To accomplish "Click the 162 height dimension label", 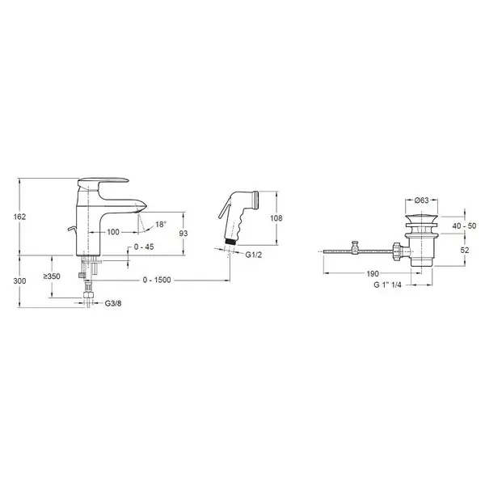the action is [x=19, y=217].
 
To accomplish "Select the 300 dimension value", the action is [x=19, y=281].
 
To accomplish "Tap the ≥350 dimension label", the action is [x=52, y=276].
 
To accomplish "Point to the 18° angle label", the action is [x=161, y=224].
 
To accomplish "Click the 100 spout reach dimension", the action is [x=113, y=232].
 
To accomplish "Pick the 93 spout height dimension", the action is [x=183, y=234].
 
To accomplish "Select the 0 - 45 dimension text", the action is [x=144, y=247].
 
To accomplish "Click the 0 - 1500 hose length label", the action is [x=157, y=280].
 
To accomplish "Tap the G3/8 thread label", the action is [x=113, y=303].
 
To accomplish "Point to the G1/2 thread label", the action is [x=254, y=255].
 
